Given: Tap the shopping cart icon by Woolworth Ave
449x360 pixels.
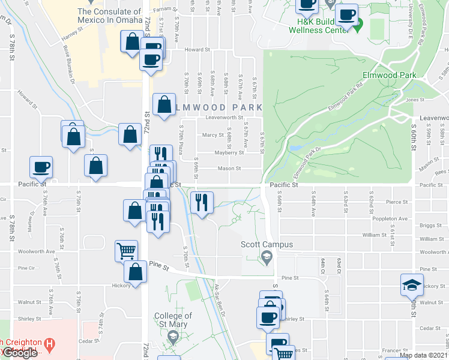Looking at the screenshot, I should [126, 251].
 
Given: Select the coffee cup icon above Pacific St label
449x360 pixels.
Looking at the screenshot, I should [41, 167].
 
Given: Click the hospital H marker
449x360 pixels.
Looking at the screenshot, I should [50, 344].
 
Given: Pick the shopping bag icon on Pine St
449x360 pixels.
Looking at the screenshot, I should [135, 271].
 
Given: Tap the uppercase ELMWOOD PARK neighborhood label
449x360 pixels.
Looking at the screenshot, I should [219, 107].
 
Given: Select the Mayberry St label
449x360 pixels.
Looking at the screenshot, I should [227, 152].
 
